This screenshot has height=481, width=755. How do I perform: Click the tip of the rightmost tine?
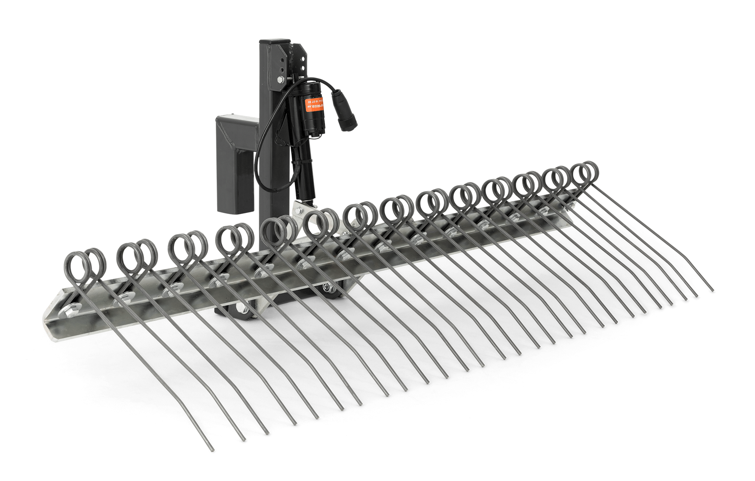click(713, 291)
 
